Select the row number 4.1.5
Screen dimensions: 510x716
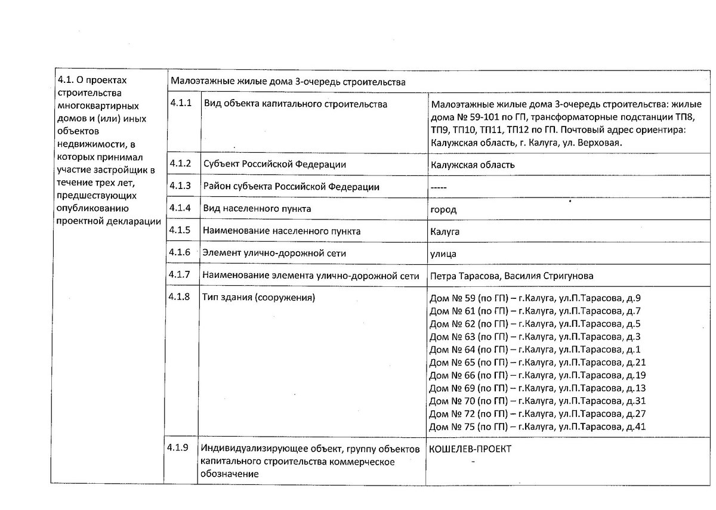coord(180,230)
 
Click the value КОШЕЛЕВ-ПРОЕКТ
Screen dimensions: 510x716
coord(470,449)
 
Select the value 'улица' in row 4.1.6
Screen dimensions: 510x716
coord(443,254)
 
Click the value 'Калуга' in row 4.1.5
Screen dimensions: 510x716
coord(445,231)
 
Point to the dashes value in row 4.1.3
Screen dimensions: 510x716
coord(439,187)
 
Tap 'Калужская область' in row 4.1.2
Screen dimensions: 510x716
coord(472,165)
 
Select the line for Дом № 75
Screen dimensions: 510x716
coord(538,426)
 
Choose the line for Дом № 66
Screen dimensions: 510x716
coord(538,375)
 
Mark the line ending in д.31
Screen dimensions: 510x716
coord(538,401)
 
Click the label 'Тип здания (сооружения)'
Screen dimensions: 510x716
coord(259,297)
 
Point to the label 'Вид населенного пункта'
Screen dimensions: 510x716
coord(257,209)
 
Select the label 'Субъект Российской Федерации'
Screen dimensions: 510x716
coord(274,164)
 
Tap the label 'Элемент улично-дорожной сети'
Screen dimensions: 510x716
coord(274,253)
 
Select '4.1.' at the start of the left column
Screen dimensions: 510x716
coord(65,80)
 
